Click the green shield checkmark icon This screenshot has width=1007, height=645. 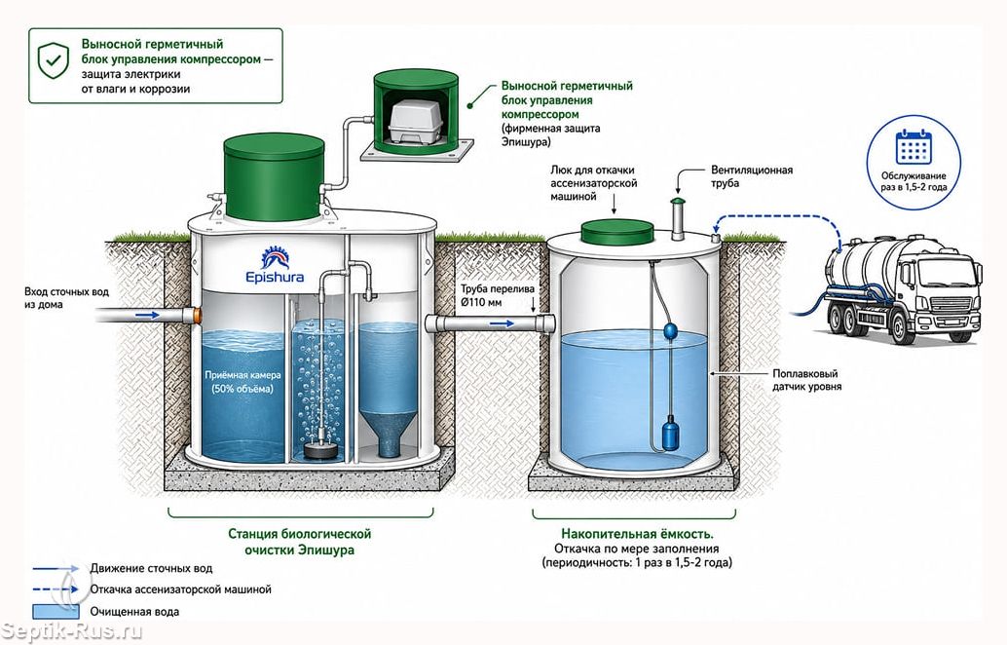pyautogui.click(x=53, y=60)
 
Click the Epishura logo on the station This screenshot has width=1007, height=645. pyautogui.click(x=275, y=266)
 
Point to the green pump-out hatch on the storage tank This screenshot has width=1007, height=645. pyautogui.click(x=617, y=231)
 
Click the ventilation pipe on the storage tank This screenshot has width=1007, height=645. pyautogui.click(x=678, y=218)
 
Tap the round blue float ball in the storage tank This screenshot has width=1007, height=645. pyautogui.click(x=670, y=331)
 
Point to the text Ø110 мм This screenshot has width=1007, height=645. pyautogui.click(x=481, y=303)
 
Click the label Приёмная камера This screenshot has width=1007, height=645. pyautogui.click(x=242, y=374)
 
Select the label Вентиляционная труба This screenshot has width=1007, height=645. pyautogui.click(x=752, y=176)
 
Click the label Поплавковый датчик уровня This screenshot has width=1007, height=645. pyautogui.click(x=806, y=380)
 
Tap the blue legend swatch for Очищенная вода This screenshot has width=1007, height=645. pyautogui.click(x=56, y=612)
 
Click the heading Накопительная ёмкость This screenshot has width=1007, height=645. pyautogui.click(x=637, y=534)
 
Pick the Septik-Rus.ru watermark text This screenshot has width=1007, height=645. pyautogui.click(x=71, y=630)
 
